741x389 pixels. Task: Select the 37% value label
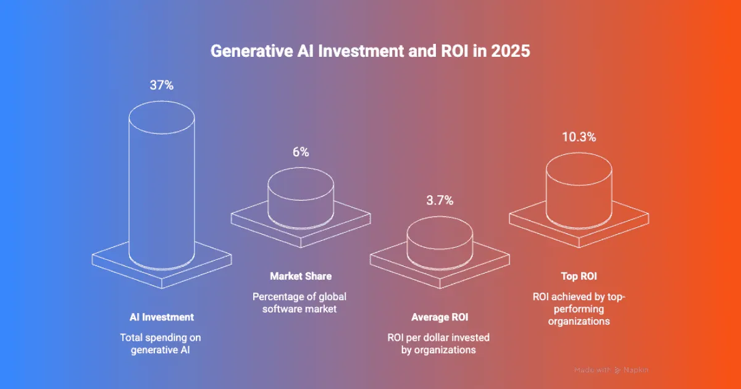click(x=161, y=85)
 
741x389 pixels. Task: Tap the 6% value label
click(x=301, y=152)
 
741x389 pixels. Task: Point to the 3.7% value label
click(x=440, y=200)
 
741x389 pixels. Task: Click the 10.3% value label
click(x=579, y=137)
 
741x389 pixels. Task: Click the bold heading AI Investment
click(x=161, y=317)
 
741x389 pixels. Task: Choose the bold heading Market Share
click(x=301, y=276)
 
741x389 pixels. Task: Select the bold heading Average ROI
click(x=440, y=317)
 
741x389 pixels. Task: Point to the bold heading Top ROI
click(x=579, y=276)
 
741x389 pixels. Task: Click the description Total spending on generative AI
click(x=161, y=344)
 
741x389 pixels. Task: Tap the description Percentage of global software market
click(x=301, y=303)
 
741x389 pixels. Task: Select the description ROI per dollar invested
click(x=440, y=344)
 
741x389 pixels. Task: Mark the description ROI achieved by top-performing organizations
click(x=579, y=309)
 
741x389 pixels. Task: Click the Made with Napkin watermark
click(x=611, y=370)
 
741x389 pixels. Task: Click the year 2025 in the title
click(x=509, y=51)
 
